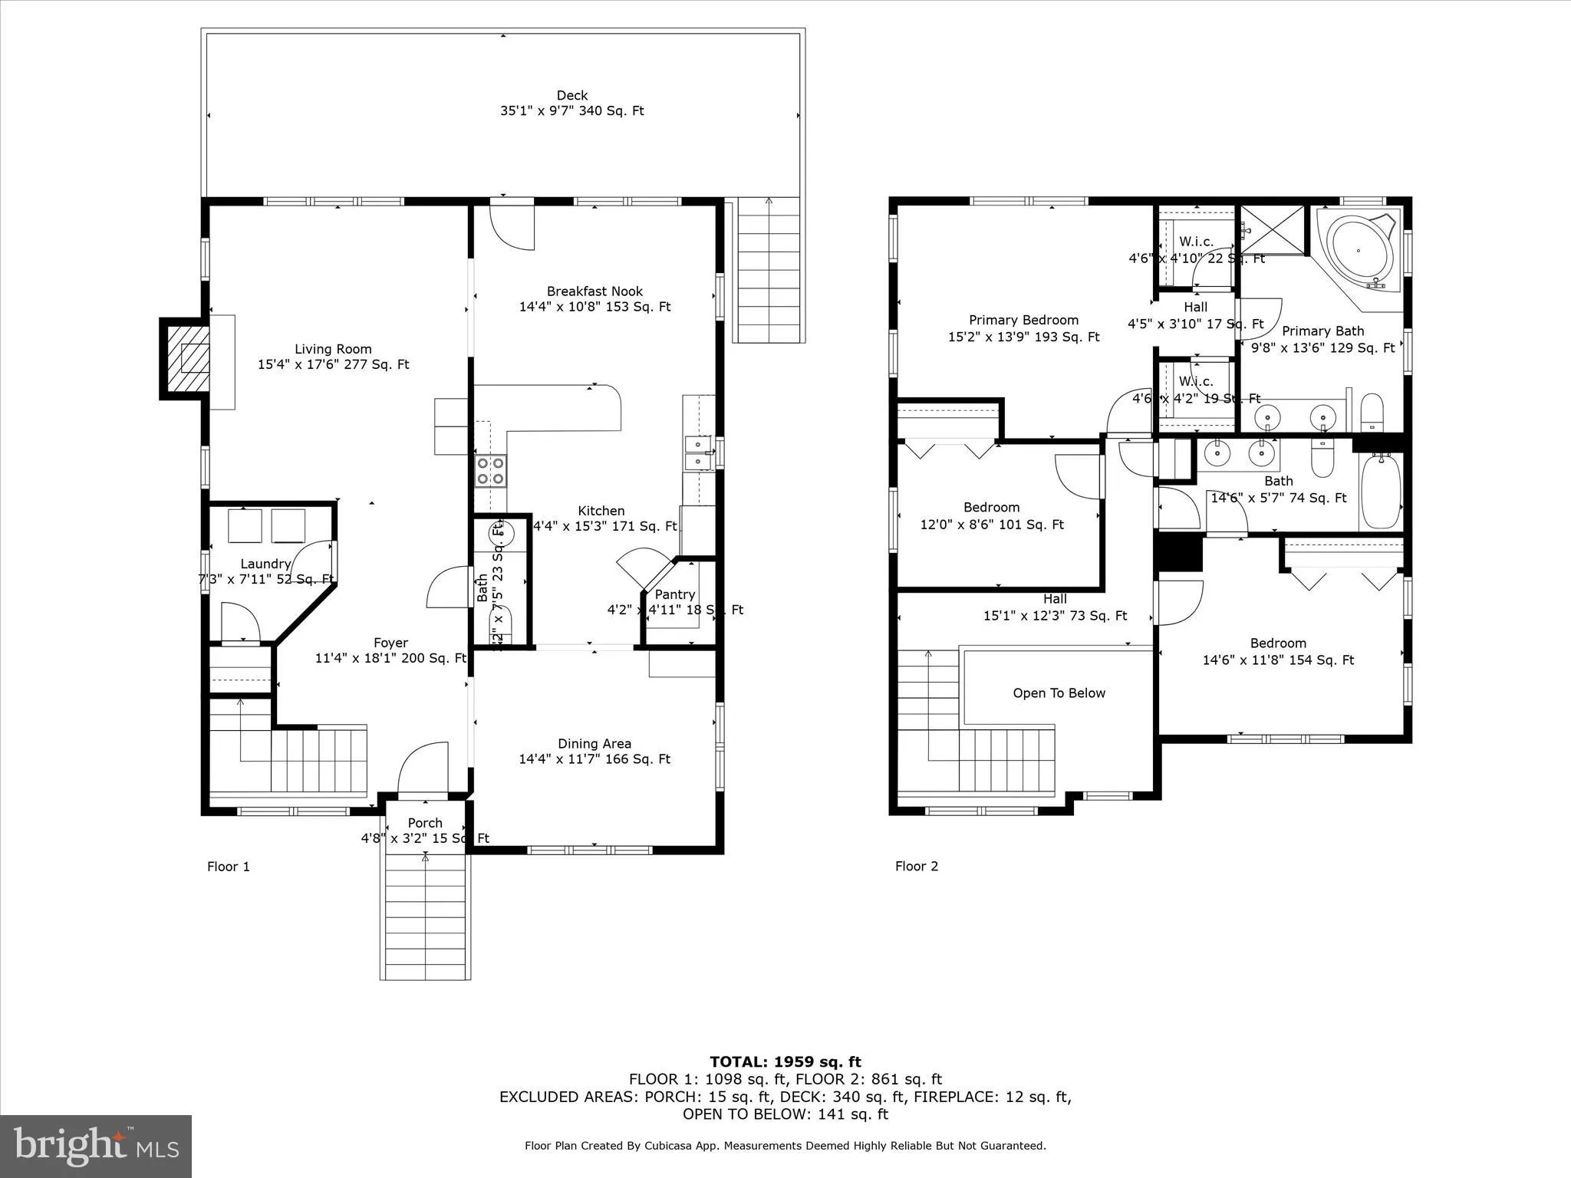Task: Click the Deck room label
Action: pos(571,103)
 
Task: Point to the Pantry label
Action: pos(674,594)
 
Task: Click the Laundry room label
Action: pos(265,564)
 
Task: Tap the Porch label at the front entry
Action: pos(425,823)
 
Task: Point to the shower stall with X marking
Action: pos(1272,229)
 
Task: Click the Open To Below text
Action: pos(1059,693)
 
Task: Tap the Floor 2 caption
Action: pos(916,866)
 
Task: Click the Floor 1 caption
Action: pos(229,867)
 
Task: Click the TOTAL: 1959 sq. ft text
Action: pos(785,1061)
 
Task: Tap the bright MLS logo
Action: pos(96,1146)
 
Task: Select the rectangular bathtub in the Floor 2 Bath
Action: pos(1380,492)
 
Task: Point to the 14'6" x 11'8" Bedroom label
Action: pos(1278,651)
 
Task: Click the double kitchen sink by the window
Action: pos(698,452)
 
